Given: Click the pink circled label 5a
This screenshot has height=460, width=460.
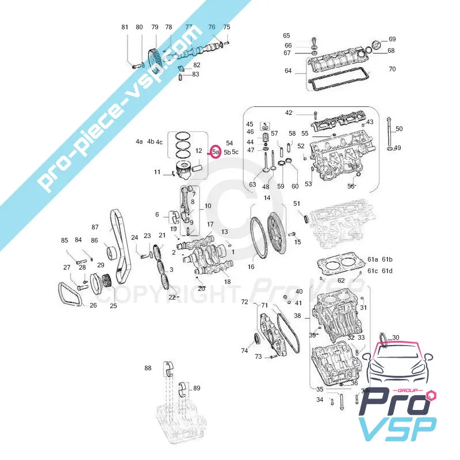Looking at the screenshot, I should point(216,152).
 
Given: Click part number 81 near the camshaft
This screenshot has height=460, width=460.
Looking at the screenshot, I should point(125,27).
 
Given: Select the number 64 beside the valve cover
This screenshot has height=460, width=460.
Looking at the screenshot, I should point(288,71).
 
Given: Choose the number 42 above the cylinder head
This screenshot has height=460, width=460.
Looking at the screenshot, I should point(289,113).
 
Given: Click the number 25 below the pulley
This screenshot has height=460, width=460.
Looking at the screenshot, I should point(113,306).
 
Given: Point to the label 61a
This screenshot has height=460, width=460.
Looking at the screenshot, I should point(373,259).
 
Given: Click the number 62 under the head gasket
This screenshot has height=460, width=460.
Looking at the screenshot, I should point(341,281).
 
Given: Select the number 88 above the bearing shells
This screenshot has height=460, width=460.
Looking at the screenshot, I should point(148,368).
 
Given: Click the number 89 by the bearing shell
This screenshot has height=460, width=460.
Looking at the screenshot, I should point(197,388).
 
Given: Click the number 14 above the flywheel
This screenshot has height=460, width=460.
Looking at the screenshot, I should point(267,198).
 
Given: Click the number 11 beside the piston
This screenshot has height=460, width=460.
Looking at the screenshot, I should point(157,172).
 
